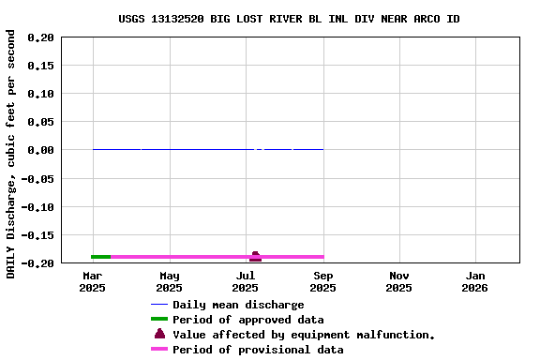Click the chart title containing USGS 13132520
pos(289,19)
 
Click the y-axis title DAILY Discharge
pos(11,154)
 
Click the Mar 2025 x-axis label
pos(93,281)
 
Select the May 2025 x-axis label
pos(170,281)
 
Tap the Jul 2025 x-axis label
pos(246,281)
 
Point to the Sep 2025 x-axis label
pos(322,281)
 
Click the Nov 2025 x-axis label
pos(399,281)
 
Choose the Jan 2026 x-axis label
pos(475,281)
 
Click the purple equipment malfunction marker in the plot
pos(255,256)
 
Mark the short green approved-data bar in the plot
pos(100,257)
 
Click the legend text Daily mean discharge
pos(238,305)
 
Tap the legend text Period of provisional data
pos(258,350)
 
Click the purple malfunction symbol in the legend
pos(159,335)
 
